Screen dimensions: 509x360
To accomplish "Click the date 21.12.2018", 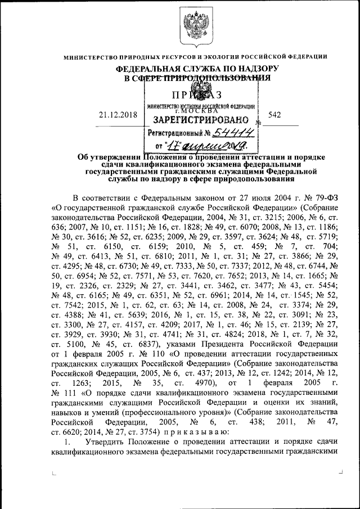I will [x=115, y=115].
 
